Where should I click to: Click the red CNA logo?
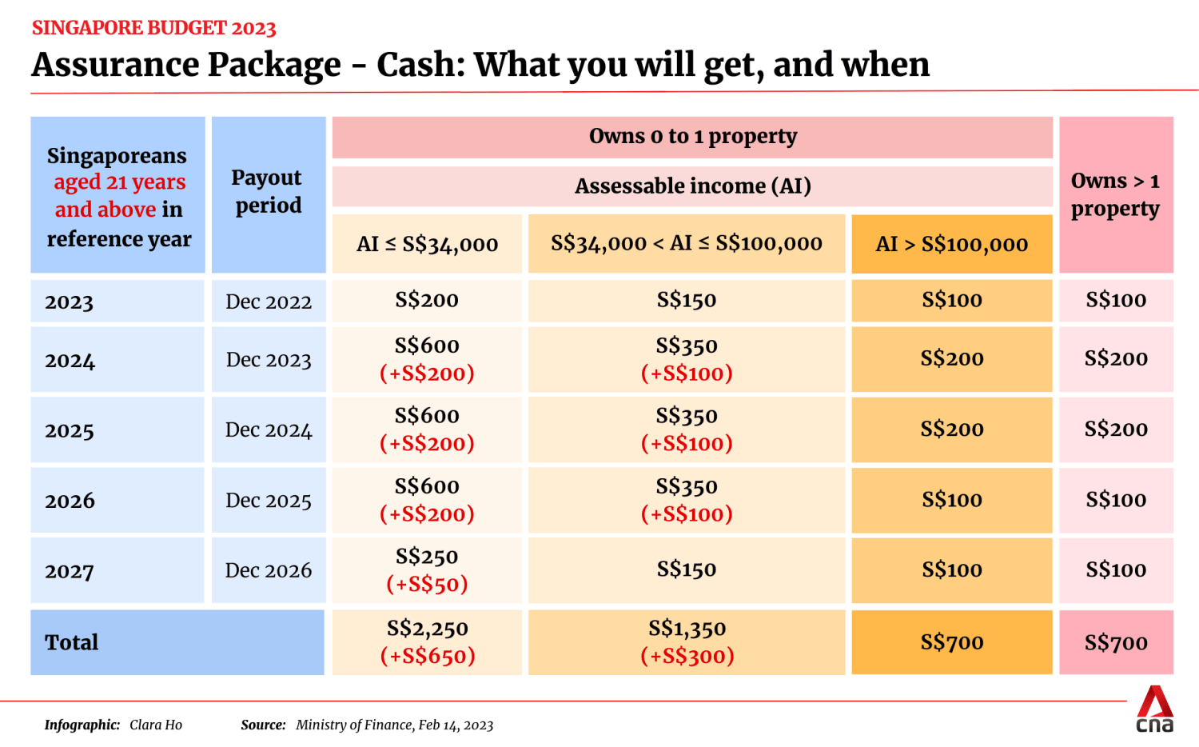click(1155, 709)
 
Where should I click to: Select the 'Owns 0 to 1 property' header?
click(692, 137)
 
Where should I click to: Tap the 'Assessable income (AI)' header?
click(692, 186)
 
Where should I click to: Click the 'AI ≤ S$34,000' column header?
click(427, 244)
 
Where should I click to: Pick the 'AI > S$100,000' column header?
click(951, 244)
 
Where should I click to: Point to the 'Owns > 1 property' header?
click(1115, 194)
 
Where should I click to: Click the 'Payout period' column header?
click(268, 192)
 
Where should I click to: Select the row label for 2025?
click(70, 430)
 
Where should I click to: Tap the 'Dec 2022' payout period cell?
click(269, 302)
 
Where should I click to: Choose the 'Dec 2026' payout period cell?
click(269, 570)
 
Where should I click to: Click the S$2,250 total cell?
click(427, 629)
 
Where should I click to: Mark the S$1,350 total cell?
click(687, 629)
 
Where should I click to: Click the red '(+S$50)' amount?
click(427, 585)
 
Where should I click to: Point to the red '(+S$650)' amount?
click(427, 657)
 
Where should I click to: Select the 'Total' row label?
click(72, 642)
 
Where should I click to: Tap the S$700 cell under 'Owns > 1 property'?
click(1116, 642)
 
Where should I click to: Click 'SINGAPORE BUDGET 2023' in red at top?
click(153, 28)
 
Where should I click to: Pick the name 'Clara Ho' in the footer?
click(156, 725)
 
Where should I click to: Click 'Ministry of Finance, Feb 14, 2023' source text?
click(394, 725)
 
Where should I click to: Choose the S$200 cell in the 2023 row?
click(427, 301)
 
